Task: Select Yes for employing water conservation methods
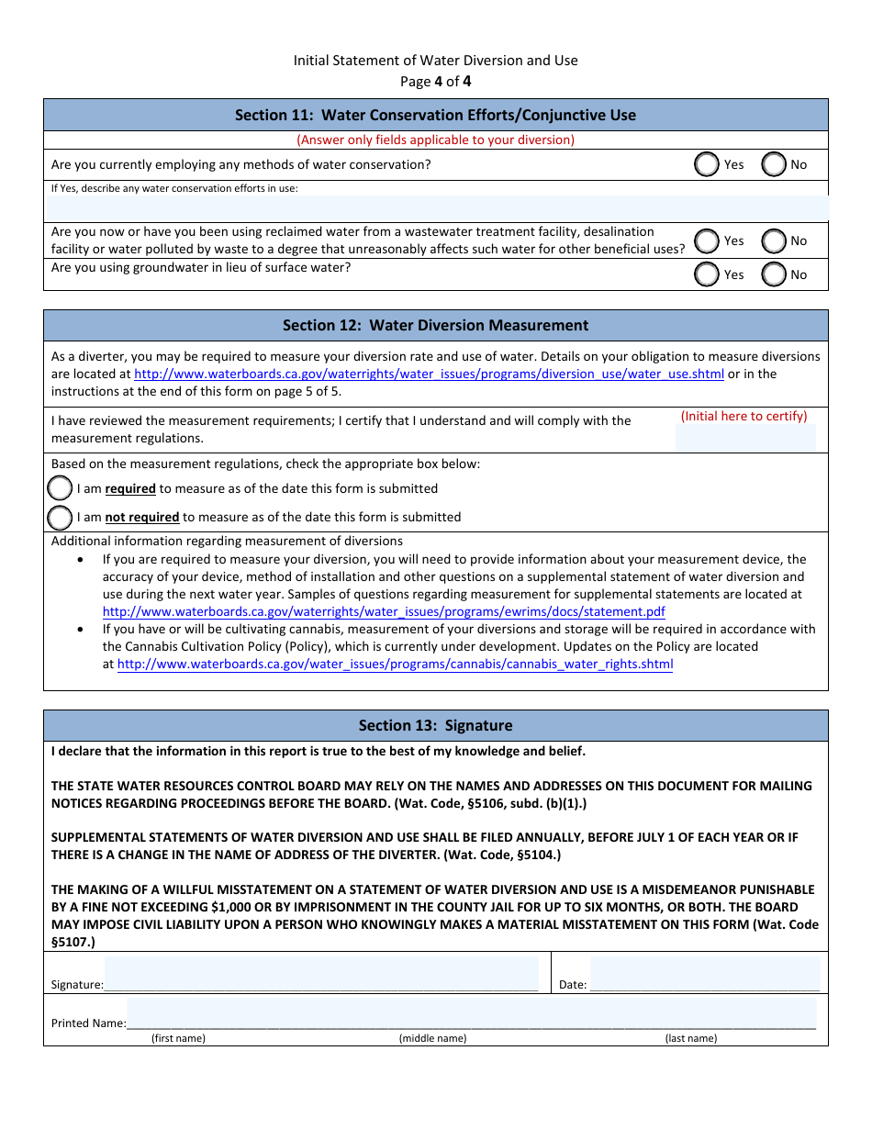(707, 164)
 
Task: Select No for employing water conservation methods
(774, 164)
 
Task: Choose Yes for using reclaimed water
(707, 240)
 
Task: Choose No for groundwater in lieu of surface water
(774, 274)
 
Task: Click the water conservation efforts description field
(436, 207)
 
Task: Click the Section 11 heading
(435, 115)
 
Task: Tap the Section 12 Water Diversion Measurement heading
(435, 325)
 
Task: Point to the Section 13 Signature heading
(435, 725)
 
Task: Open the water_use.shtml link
(429, 374)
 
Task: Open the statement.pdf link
(384, 611)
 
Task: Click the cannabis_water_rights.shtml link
(395, 665)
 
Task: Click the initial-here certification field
(745, 438)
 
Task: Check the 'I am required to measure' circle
(60, 488)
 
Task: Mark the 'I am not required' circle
(60, 518)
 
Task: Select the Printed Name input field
(471, 1014)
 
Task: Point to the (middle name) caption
(432, 1038)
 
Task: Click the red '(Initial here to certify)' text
(743, 416)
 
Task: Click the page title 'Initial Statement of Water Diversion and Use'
(435, 61)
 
